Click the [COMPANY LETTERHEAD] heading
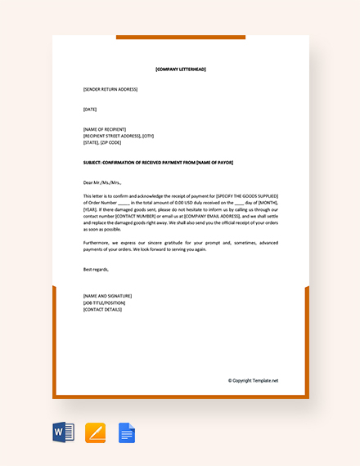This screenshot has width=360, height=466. pos(181,69)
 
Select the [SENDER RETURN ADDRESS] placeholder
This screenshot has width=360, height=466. pos(110,89)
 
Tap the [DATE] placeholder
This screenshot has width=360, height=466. pos(90,109)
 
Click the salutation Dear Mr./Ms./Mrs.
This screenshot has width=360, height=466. pos(102,182)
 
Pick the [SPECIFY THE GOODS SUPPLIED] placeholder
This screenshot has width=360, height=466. pos(247,196)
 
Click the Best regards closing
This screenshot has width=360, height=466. pos(96,269)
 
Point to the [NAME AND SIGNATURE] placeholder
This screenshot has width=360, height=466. pos(107,296)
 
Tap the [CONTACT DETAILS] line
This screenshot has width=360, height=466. pos(102,309)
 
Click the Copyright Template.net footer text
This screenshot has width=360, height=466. pos(253,380)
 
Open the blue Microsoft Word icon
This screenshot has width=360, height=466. pos(63,432)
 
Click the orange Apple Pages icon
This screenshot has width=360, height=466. pos(95,432)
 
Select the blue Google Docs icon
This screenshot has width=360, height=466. pos(127,432)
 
